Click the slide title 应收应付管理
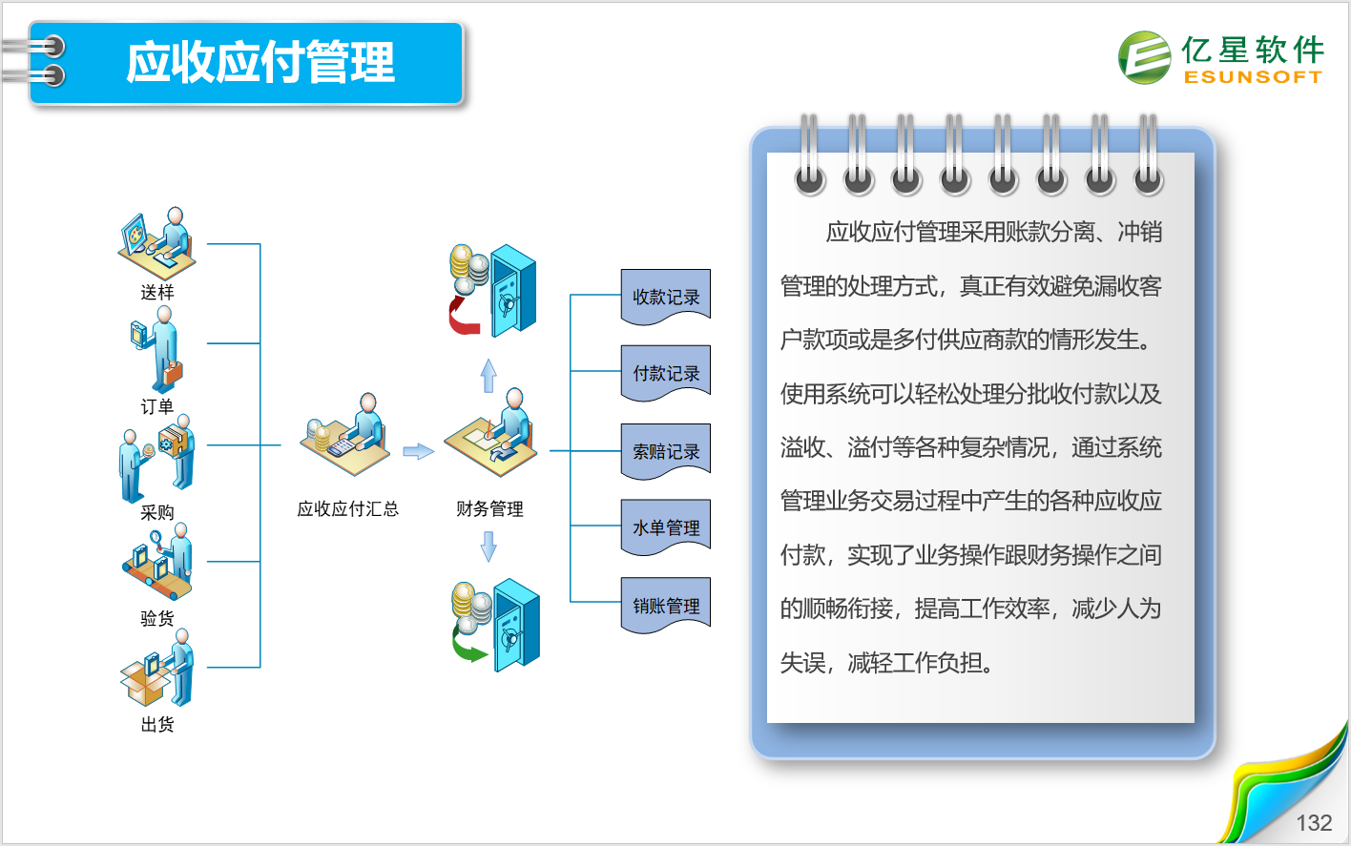point(260,62)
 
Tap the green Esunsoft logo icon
point(1145,58)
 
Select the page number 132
point(1314,822)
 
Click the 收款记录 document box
point(666,297)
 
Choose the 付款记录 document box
point(666,373)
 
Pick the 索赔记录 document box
point(666,451)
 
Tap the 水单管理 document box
point(666,527)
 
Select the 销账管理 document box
point(666,605)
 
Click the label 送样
point(157,293)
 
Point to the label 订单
point(157,406)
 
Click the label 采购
point(157,512)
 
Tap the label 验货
point(157,618)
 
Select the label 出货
point(157,724)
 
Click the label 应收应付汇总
point(348,509)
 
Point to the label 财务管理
point(489,509)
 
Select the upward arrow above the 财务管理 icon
point(488,376)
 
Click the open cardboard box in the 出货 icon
point(145,684)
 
